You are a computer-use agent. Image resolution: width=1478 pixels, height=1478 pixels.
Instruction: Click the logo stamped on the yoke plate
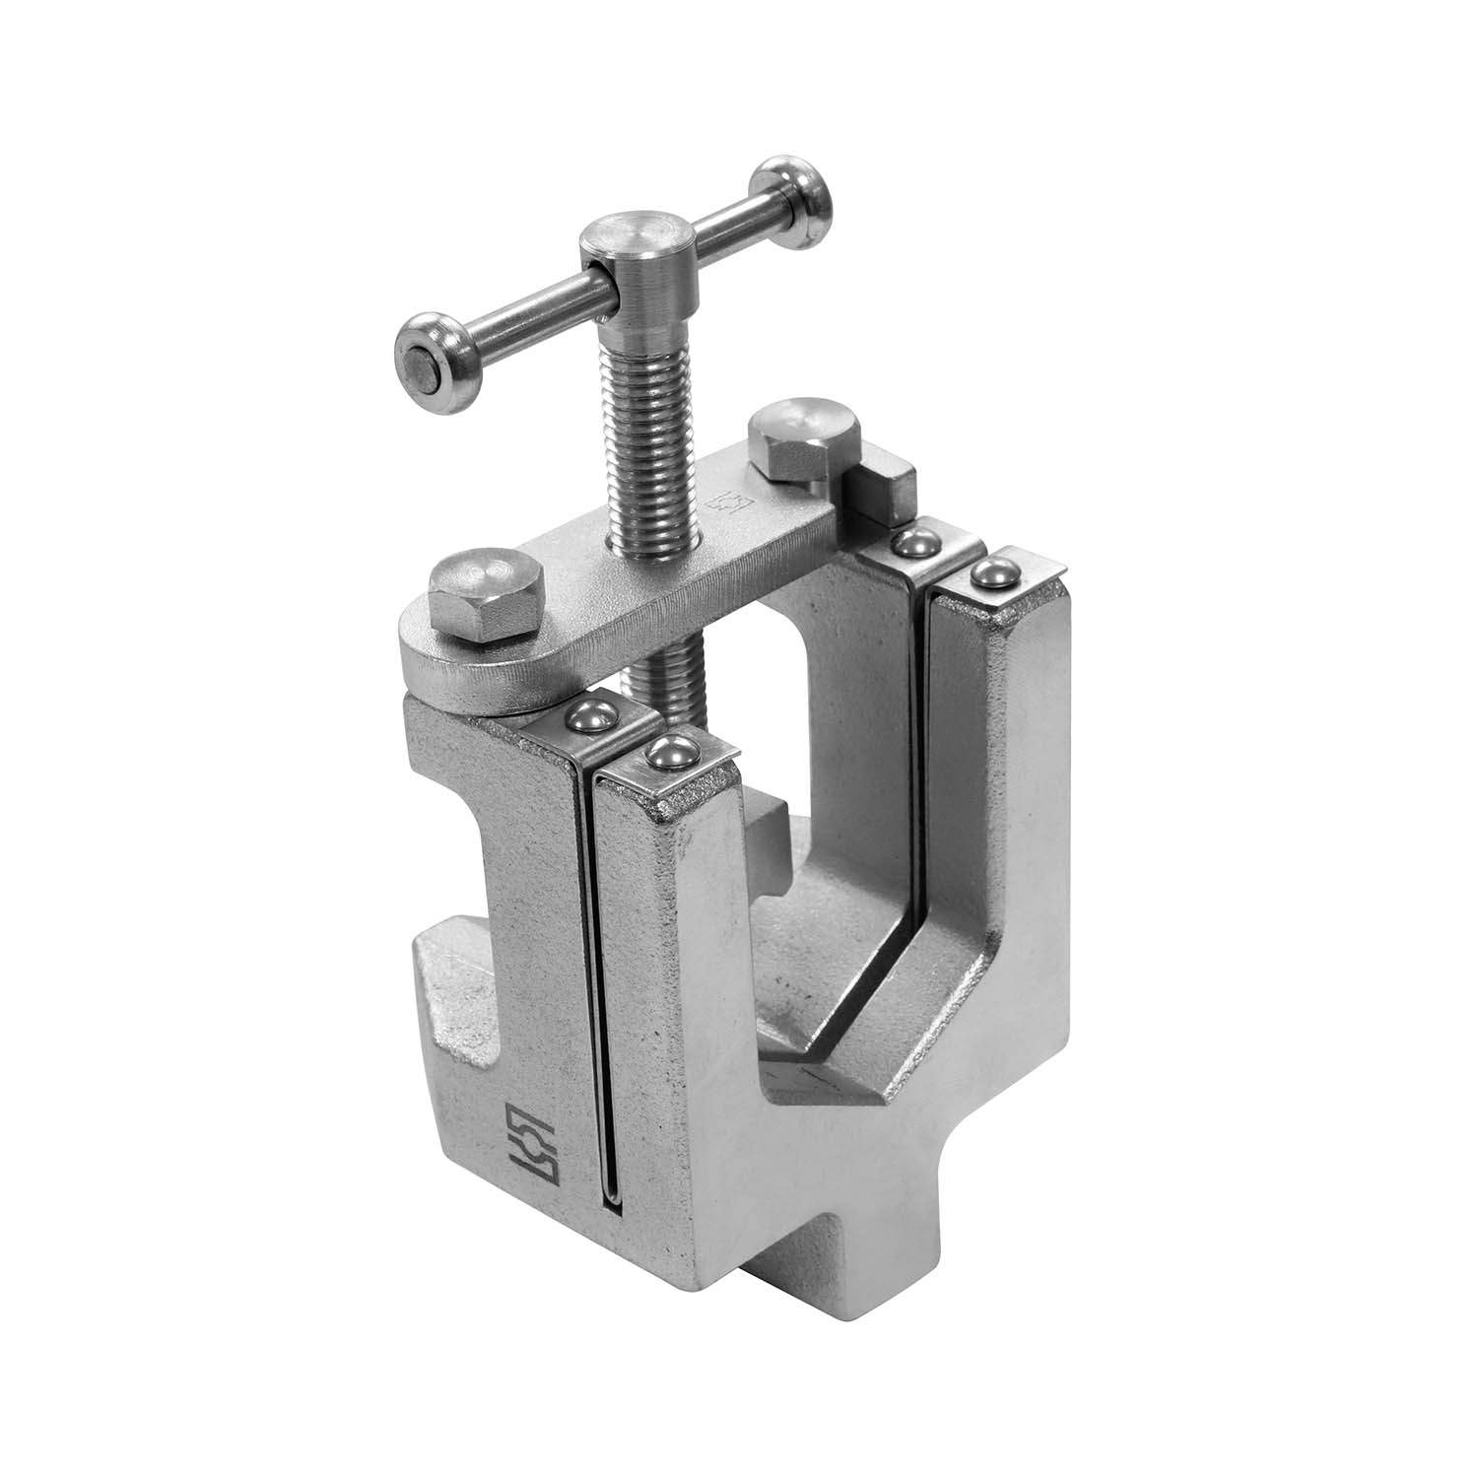tap(720, 506)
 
